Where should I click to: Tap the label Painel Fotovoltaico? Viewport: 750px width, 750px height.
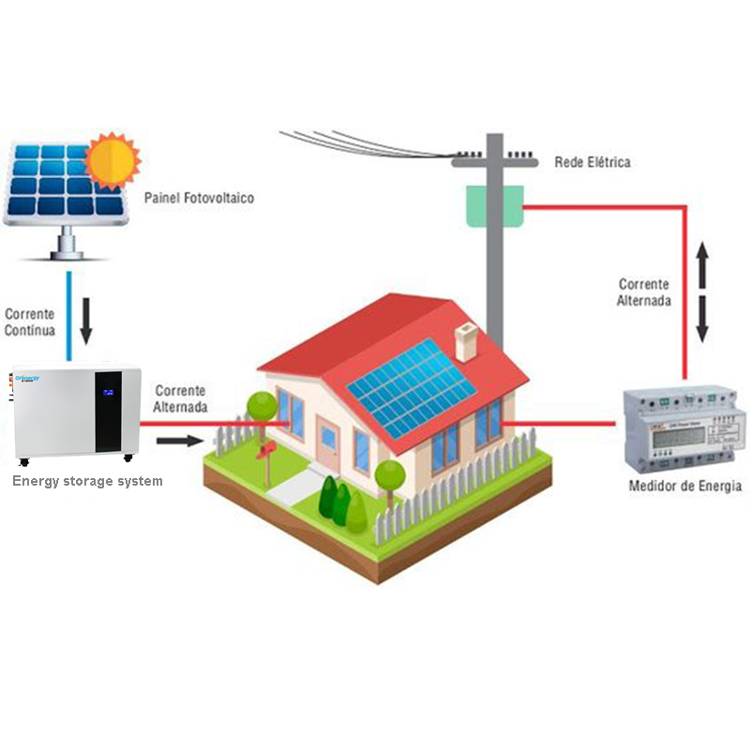click(199, 199)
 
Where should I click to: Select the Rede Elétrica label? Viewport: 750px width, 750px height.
click(592, 162)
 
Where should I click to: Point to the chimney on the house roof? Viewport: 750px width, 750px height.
click(466, 342)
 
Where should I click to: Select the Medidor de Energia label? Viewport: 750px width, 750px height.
click(684, 486)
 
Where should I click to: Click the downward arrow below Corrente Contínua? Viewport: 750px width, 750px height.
click(87, 323)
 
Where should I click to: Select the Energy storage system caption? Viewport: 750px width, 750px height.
click(87, 481)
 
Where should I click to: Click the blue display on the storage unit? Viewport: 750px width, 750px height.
click(110, 392)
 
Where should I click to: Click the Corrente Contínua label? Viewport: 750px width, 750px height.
click(30, 322)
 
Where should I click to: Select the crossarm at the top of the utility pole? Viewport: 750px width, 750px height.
click(494, 161)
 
